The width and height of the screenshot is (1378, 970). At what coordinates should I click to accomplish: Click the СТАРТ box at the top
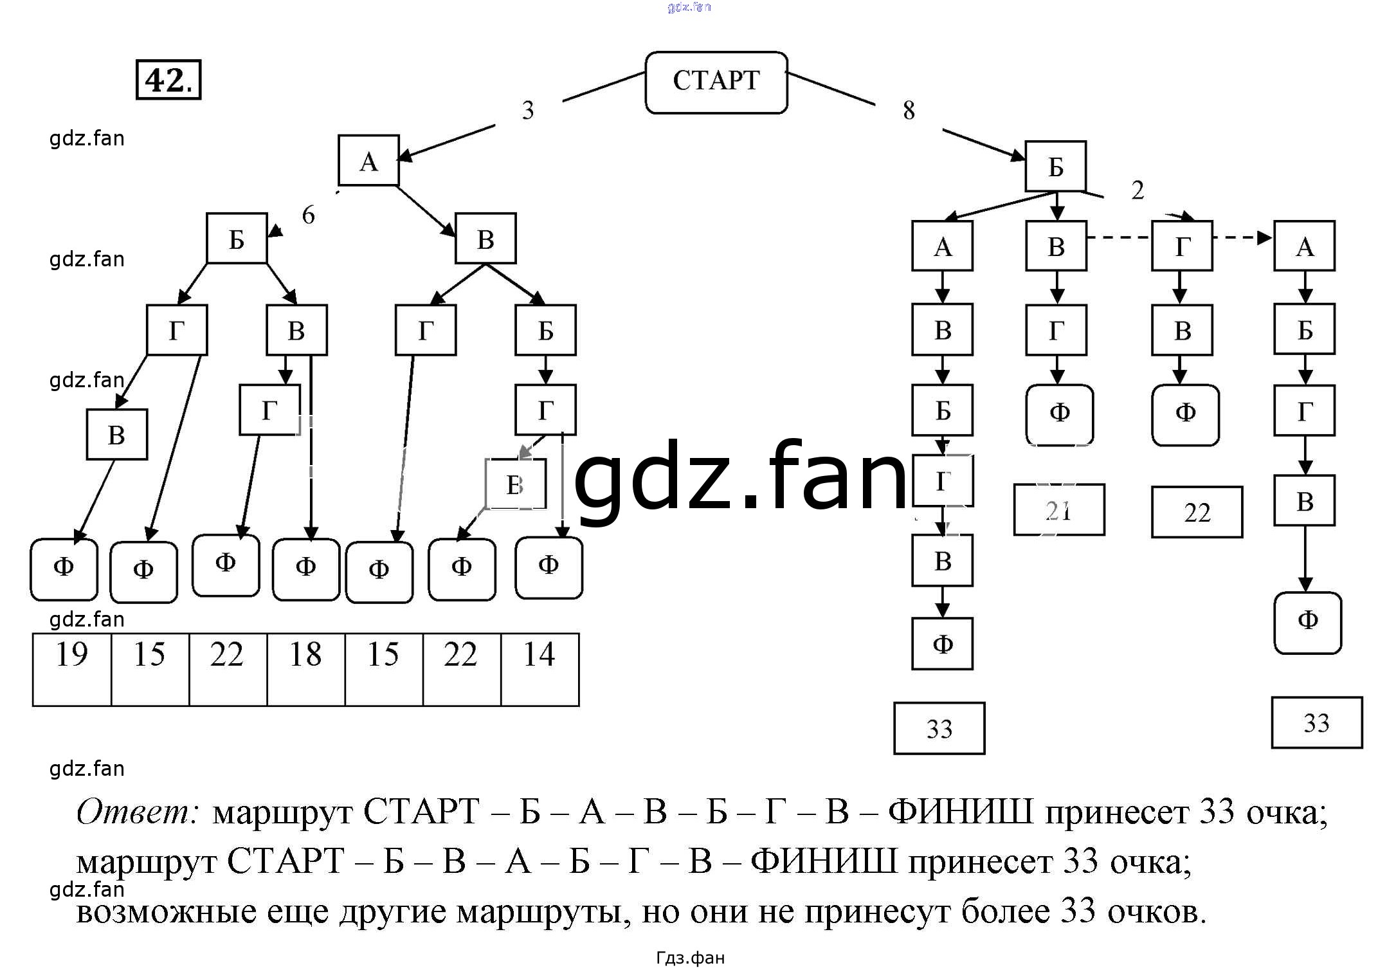pos(716,82)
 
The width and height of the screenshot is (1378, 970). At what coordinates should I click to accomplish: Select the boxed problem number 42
pos(168,80)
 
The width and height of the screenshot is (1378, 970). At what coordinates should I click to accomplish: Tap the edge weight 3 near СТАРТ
pos(528,110)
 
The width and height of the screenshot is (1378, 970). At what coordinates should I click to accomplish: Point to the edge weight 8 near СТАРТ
pos(909,110)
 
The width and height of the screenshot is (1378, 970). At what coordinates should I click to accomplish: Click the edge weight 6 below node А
pos(309,215)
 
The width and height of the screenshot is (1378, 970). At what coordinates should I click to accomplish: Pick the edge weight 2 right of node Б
pos(1138,190)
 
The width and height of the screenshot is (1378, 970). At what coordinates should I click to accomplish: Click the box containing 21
pos(1058,510)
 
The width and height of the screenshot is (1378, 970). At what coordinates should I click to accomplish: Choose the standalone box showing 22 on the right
pos(1197,512)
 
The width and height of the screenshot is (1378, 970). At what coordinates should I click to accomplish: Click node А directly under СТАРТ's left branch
pos(368,161)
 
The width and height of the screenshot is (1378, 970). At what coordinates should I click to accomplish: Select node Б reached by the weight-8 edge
pos(1055,167)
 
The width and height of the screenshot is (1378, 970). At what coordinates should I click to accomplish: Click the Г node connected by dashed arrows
pos(1182,246)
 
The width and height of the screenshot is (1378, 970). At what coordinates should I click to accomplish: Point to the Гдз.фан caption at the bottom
pos(690,958)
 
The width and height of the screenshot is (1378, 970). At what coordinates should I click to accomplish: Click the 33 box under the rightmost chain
pos(1316,722)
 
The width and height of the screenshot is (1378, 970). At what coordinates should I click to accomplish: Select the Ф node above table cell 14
pos(548,567)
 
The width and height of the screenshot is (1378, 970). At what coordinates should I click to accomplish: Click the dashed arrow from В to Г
pos(1119,237)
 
